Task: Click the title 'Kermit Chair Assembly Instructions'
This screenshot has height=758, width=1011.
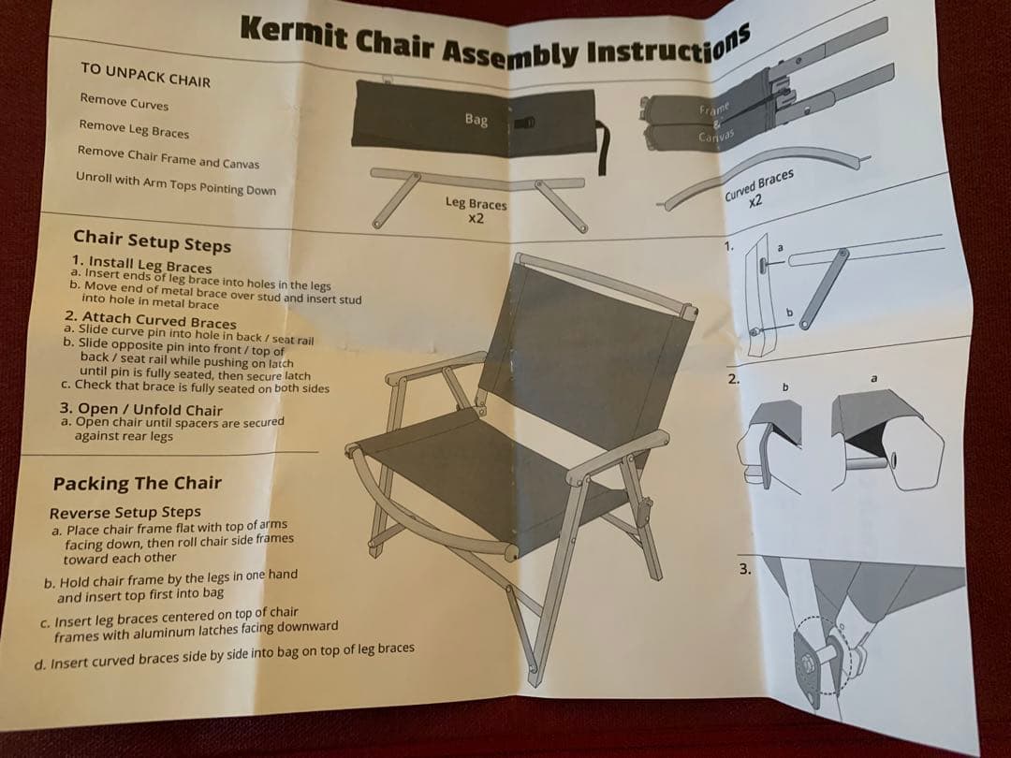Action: click(495, 42)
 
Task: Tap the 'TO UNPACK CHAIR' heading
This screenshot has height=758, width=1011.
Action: click(145, 74)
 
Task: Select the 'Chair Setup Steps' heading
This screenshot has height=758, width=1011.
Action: click(152, 241)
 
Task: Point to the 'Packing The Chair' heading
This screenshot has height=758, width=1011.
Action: click(137, 484)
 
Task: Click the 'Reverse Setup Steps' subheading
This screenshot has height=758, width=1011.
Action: click(125, 513)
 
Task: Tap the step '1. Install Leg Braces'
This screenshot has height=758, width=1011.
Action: click(141, 265)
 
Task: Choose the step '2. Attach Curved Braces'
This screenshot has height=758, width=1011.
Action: click(150, 321)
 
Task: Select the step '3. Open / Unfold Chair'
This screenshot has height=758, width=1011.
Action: click(140, 410)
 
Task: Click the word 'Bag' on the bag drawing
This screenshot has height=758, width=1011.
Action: click(476, 120)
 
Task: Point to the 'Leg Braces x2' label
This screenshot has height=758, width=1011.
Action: click(475, 209)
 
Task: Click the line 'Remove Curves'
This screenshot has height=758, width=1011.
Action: click(124, 102)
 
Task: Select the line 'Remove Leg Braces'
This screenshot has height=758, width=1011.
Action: click(133, 128)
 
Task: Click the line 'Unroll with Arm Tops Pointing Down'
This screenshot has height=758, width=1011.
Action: click(175, 183)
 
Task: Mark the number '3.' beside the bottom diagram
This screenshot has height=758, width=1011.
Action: click(744, 568)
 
